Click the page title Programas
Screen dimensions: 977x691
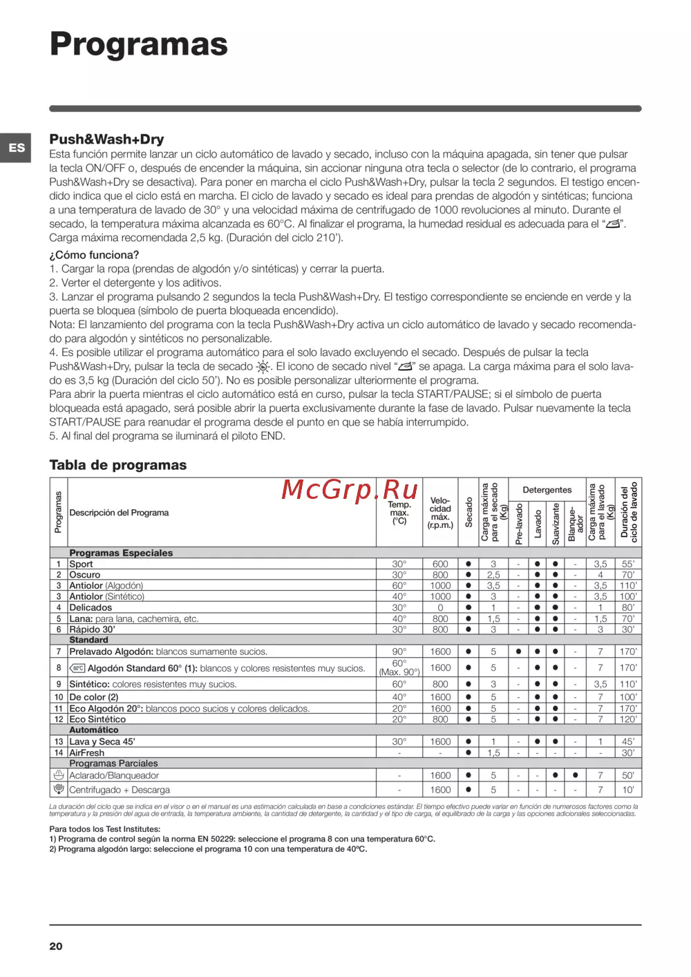coord(138,44)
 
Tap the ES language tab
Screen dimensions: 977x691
coord(17,148)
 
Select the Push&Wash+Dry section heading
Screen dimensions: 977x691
coord(106,139)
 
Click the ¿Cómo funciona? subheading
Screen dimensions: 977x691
coord(94,255)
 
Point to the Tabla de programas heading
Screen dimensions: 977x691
coord(117,465)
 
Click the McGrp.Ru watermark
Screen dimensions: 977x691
coord(350,490)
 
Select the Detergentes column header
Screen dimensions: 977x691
coord(547,490)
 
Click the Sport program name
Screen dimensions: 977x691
coord(81,564)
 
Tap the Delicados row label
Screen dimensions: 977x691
coord(91,607)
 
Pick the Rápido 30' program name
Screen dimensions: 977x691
coord(92,629)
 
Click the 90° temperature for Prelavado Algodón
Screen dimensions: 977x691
coord(399,652)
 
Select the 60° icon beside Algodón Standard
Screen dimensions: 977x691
coord(77,668)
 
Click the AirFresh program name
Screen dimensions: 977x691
coord(87,752)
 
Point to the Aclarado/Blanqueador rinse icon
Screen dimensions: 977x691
coord(59,775)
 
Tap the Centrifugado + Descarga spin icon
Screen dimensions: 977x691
coord(59,789)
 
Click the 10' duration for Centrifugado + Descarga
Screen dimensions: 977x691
coord(627,790)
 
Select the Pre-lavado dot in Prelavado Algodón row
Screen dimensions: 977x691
coord(518,652)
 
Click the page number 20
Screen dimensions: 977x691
coord(56,946)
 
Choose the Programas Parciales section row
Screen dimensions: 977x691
coord(113,763)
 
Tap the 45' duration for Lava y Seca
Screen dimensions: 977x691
coord(627,741)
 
